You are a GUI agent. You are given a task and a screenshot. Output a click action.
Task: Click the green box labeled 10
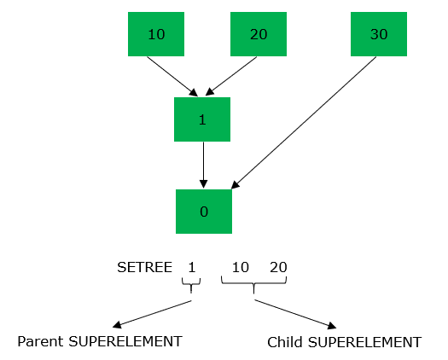click(156, 34)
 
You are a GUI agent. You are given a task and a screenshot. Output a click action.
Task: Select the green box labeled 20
click(259, 34)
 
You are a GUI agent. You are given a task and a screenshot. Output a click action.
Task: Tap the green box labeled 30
click(379, 34)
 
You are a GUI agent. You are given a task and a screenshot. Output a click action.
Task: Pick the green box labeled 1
click(202, 119)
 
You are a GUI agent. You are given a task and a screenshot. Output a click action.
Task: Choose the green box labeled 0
click(204, 212)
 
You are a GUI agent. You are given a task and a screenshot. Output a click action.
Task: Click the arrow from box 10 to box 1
click(172, 77)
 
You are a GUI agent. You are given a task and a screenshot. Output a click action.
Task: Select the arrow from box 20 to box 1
click(231, 76)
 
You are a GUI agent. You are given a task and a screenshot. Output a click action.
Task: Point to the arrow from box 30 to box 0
click(304, 123)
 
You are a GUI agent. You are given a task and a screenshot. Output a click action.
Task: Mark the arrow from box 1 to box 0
click(203, 165)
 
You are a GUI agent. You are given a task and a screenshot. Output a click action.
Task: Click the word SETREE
click(144, 267)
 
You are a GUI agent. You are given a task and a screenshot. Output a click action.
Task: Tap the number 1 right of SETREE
click(192, 267)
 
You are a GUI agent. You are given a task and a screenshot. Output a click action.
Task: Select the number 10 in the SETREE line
click(241, 267)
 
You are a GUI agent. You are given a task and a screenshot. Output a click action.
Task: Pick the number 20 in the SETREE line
click(278, 267)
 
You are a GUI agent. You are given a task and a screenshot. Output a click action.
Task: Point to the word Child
click(284, 342)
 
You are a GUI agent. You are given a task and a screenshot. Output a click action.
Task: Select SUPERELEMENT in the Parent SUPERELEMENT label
click(125, 341)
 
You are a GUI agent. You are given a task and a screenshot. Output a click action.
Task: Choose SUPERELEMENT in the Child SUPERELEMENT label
click(364, 342)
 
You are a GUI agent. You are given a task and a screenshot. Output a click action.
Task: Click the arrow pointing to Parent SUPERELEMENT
click(152, 314)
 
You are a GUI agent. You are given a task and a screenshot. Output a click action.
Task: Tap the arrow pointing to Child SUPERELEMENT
click(295, 314)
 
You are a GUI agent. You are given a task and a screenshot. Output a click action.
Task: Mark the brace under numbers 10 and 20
click(253, 284)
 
